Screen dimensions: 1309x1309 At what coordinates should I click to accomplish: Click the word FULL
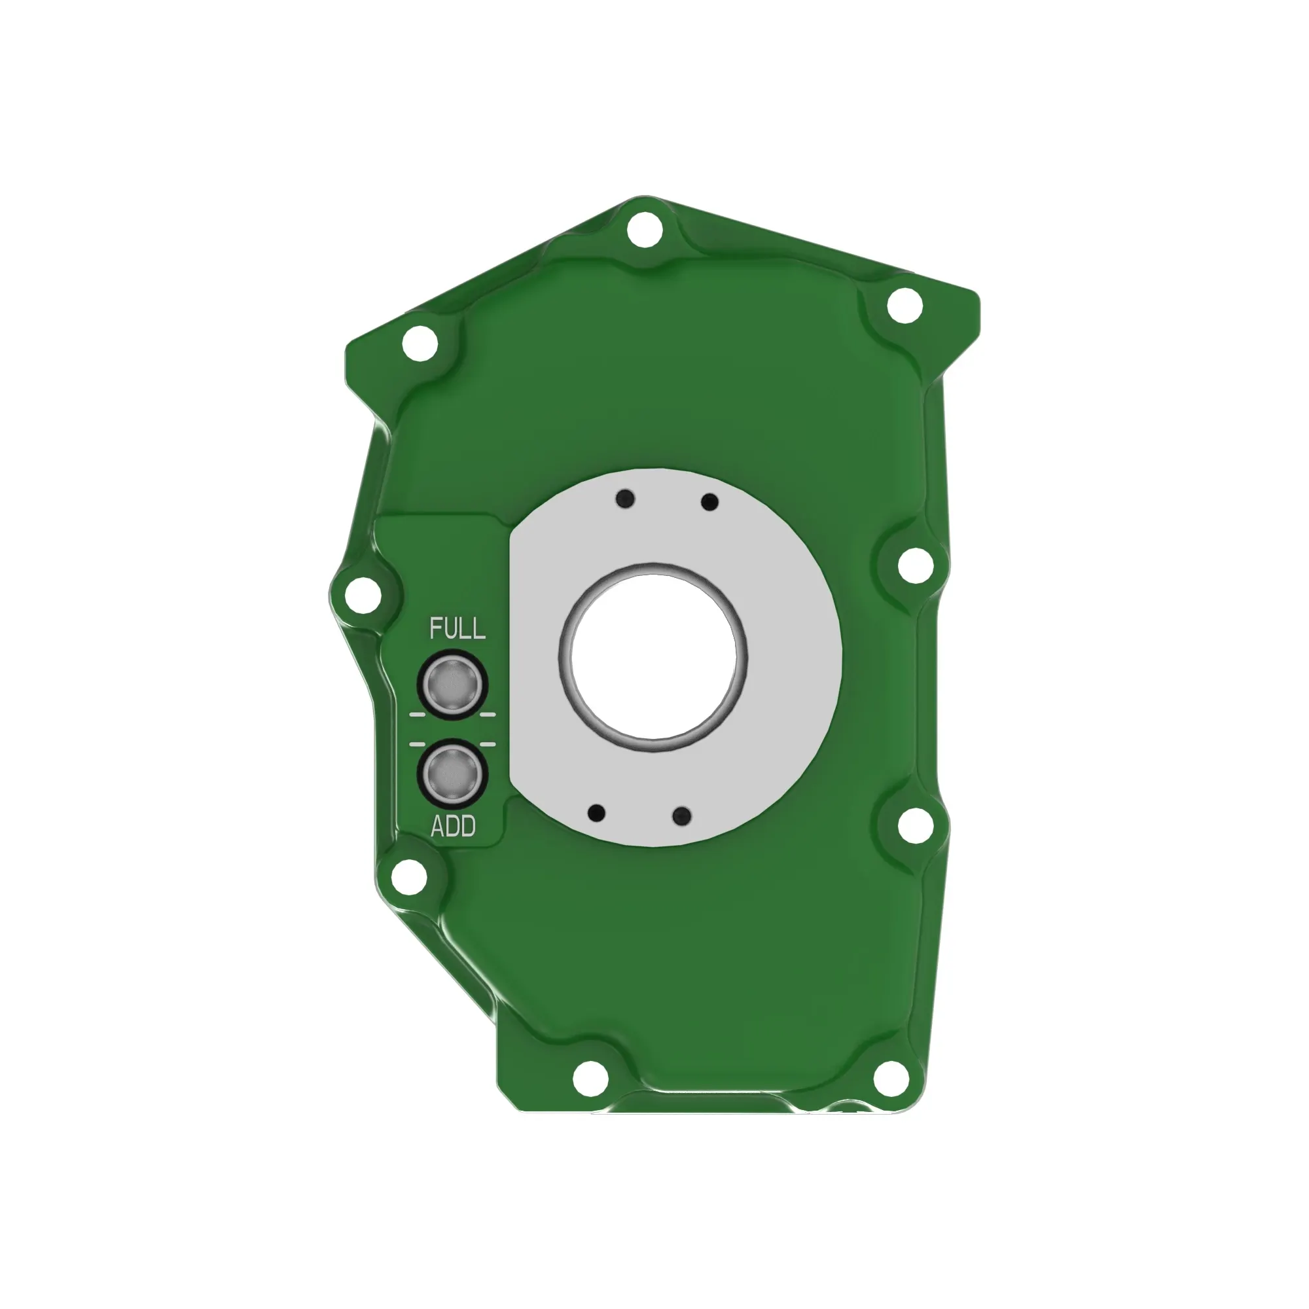(457, 628)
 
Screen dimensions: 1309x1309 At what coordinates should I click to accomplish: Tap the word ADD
(454, 826)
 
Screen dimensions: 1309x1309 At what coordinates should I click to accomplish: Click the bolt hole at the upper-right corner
(905, 306)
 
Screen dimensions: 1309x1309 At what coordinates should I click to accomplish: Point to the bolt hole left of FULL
(363, 596)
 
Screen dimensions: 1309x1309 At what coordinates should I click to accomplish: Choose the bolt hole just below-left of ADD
(409, 877)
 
